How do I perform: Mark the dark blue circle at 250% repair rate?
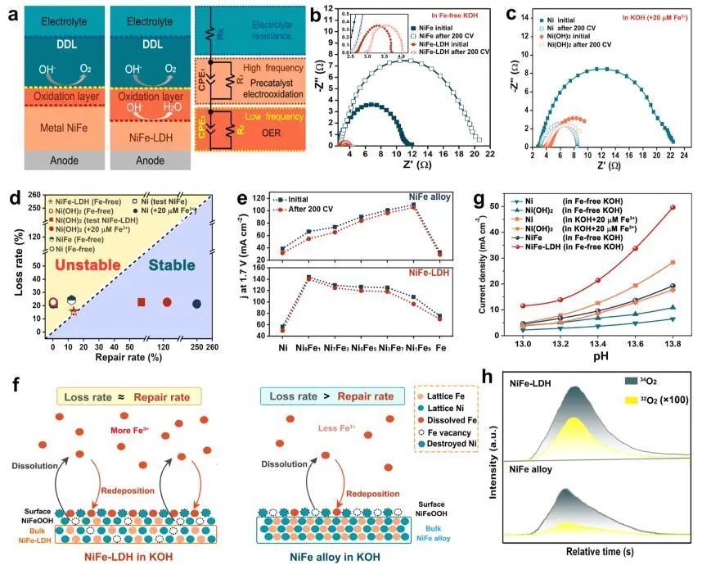click(x=197, y=304)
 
